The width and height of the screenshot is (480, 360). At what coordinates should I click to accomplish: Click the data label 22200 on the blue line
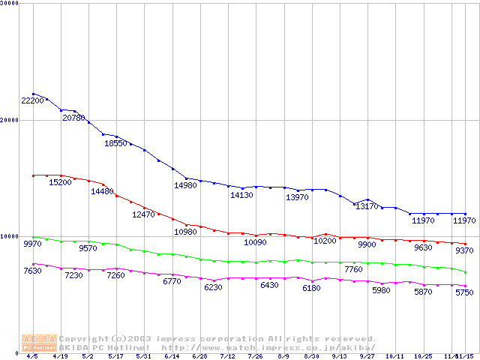32,100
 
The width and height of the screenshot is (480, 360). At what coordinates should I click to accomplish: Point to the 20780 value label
73,118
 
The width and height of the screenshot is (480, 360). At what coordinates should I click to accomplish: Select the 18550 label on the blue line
115,143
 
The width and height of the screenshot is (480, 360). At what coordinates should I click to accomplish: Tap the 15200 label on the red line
60,181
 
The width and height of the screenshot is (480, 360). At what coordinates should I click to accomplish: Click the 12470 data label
143,214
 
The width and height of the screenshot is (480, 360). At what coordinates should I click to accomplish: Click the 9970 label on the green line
32,244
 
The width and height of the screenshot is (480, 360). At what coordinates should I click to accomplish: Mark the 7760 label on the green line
353,269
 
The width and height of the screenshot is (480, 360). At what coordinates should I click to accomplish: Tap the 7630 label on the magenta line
32,271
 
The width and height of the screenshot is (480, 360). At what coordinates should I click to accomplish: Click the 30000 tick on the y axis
10,4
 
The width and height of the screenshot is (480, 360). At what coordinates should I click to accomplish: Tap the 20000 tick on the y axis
10,120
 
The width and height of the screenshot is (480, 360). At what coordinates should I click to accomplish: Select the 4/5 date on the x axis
32,356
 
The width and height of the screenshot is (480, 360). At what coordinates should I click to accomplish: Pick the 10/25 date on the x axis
423,356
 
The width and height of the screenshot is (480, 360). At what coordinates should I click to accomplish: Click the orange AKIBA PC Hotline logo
39,343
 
